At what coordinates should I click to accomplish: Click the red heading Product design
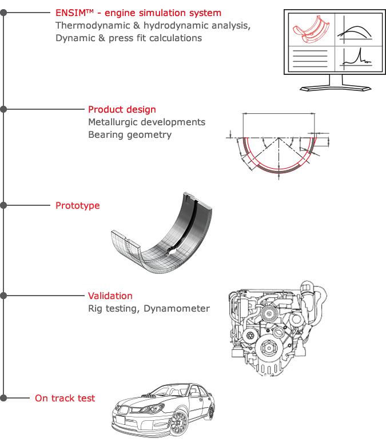point(122,109)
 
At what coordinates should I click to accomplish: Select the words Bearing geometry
point(129,134)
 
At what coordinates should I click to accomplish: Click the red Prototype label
point(77,205)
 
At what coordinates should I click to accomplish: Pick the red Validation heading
point(110,296)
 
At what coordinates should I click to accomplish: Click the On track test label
point(65,398)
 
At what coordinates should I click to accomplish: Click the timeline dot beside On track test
point(3,397)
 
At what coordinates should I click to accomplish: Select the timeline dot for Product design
point(3,109)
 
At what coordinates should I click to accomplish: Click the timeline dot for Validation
point(3,296)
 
